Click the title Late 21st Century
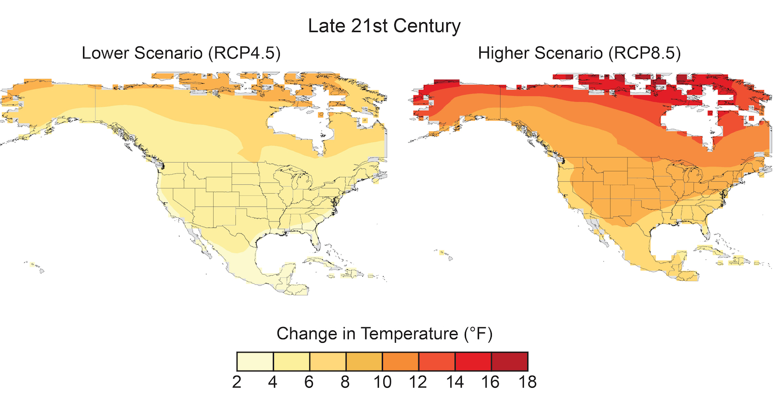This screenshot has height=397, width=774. (384, 26)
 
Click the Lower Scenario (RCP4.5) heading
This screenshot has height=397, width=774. (181, 53)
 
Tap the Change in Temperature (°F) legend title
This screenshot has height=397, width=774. (384, 334)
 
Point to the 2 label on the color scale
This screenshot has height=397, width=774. (236, 382)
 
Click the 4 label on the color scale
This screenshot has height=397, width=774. (273, 382)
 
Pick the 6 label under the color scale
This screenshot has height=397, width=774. (309, 382)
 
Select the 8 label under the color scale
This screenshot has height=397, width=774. (346, 382)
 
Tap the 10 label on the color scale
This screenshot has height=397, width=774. (382, 382)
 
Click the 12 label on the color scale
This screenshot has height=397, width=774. (418, 382)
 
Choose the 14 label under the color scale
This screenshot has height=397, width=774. (455, 382)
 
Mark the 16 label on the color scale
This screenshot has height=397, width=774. (491, 382)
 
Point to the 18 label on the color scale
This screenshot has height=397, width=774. (527, 382)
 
